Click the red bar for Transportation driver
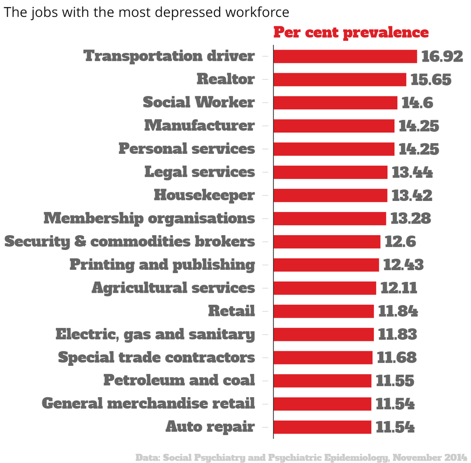345,56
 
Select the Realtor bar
339,79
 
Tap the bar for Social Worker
335,102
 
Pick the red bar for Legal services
330,172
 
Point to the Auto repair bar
322,427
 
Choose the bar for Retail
323,311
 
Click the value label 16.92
442,56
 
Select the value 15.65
431,79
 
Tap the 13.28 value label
410,219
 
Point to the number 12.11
398,288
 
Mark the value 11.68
396,358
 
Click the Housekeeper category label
204,195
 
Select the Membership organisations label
149,218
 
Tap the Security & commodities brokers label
130,241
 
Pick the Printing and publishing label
162,264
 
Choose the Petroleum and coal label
179,380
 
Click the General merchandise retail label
148,403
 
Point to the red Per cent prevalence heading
351,33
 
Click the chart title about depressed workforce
147,12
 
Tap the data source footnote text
303,457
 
